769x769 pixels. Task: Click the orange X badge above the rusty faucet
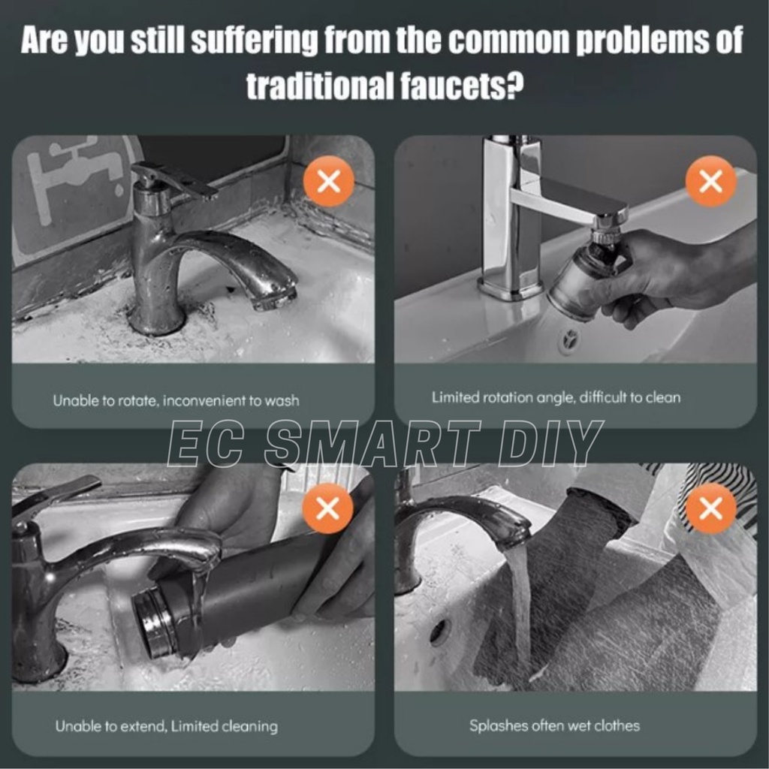click(329, 182)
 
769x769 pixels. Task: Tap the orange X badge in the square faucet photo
click(710, 182)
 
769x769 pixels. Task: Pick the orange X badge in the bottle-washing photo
click(327, 508)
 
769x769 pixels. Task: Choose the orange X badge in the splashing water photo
click(710, 508)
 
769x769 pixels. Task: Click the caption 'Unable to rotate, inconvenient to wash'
click(176, 401)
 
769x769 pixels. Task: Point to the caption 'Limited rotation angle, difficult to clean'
click(556, 397)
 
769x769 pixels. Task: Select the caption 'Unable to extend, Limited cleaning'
click(167, 726)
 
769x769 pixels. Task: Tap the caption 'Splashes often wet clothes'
click(555, 725)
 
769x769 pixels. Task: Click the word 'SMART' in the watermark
click(372, 443)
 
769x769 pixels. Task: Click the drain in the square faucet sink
click(570, 339)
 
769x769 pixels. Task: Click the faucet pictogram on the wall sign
click(74, 177)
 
